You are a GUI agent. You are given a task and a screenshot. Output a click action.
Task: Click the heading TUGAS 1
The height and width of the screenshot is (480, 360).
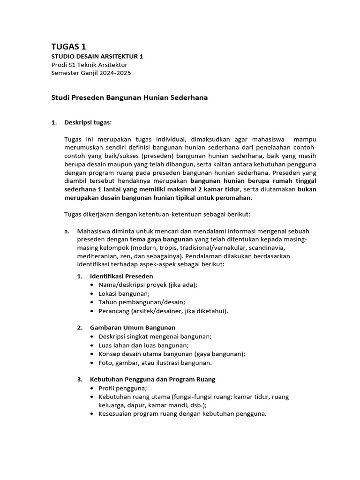point(68,46)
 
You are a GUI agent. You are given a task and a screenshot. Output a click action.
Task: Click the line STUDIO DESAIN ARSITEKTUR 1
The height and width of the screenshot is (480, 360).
point(97,56)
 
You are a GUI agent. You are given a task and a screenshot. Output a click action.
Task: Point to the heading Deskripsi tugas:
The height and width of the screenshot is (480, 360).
point(88,123)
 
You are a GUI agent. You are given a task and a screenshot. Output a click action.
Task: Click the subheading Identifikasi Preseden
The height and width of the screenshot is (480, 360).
point(121,276)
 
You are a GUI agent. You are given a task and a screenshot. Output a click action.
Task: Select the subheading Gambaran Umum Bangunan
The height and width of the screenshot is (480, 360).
point(133,327)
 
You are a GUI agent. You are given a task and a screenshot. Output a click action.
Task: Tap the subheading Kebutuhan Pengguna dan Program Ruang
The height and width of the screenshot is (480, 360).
point(152,379)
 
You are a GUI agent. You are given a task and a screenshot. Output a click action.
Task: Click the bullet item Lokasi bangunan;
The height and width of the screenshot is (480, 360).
point(124,293)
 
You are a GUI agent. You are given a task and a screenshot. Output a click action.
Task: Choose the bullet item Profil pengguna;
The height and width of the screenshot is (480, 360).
point(123,388)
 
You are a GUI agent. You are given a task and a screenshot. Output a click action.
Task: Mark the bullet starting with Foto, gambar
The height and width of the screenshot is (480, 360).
point(155,362)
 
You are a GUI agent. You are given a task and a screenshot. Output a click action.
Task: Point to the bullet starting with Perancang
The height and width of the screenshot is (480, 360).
point(163,311)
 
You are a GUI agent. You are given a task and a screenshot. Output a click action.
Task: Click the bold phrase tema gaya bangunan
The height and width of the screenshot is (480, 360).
point(161,239)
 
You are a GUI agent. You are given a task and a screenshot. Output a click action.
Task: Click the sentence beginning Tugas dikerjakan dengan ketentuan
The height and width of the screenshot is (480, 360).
point(157,214)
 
